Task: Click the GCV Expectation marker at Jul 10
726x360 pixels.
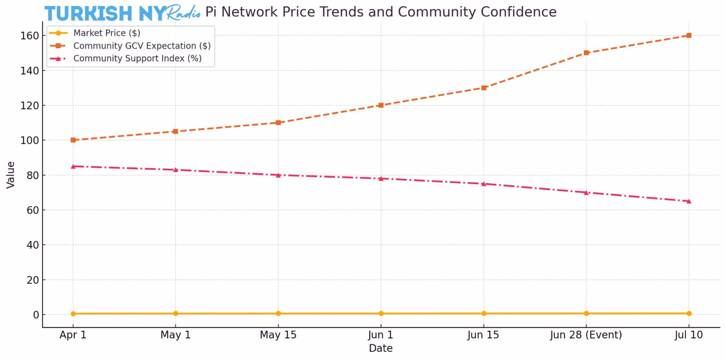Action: pos(689,35)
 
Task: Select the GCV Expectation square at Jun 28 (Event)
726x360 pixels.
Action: pos(586,53)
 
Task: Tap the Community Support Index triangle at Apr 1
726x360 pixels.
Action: pos(73,166)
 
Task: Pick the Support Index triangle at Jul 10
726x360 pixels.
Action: pos(689,201)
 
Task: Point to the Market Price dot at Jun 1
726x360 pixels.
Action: pos(381,314)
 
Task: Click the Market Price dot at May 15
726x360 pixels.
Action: pos(278,314)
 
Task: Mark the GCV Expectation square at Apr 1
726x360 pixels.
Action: pos(73,140)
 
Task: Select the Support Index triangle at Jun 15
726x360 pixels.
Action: pos(484,184)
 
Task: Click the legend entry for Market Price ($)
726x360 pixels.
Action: pos(107,33)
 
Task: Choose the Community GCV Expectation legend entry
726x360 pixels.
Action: pos(142,46)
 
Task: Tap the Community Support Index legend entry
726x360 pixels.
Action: pos(137,59)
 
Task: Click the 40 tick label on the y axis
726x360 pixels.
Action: pos(33,245)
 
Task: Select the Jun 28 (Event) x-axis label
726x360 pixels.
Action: pos(586,335)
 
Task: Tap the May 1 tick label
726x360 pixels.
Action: pos(175,335)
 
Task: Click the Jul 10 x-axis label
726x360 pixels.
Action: pos(689,335)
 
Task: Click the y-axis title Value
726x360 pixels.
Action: pos(11,175)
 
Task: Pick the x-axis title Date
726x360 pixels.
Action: pos(381,348)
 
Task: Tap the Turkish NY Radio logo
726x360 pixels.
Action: pos(122,13)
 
